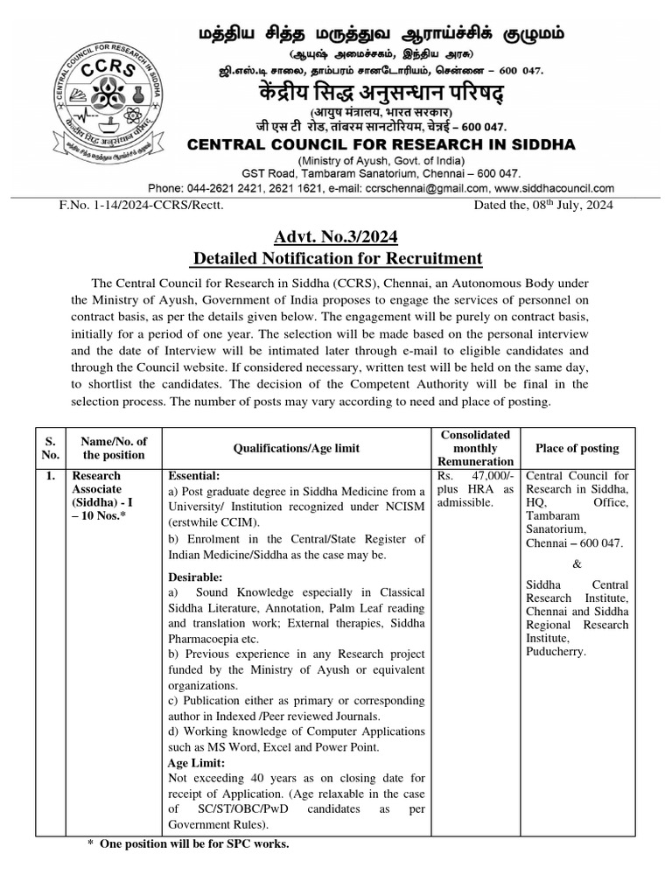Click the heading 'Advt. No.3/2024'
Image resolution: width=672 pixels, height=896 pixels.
coord(337,235)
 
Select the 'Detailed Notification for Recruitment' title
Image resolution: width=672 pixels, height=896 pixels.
coord(337,258)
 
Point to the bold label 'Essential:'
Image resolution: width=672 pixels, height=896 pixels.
coord(196,476)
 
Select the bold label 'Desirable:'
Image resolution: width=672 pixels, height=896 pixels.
coord(197,577)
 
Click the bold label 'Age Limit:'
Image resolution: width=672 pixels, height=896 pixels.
coord(198,762)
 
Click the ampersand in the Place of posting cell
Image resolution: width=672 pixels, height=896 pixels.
coord(576,564)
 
